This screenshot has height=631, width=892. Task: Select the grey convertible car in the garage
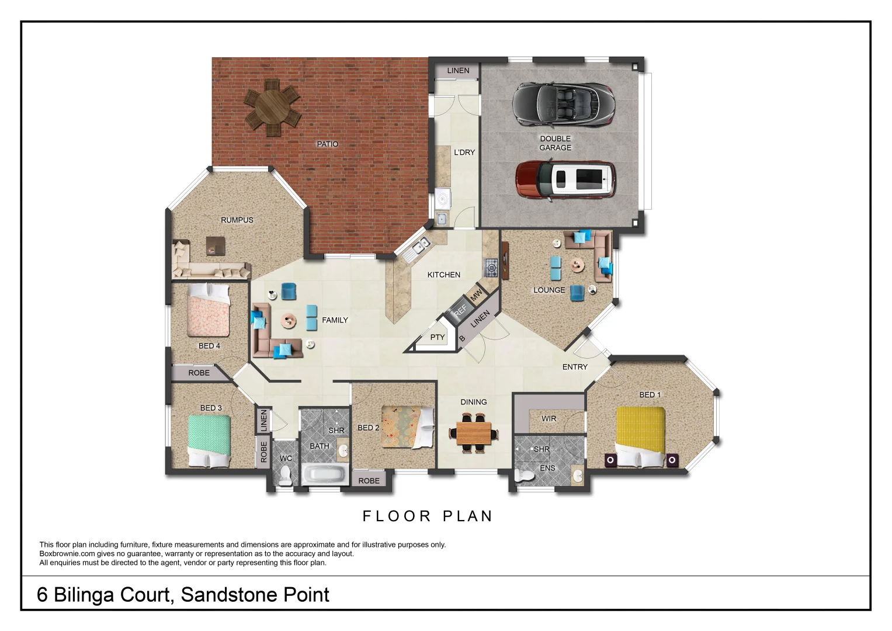point(563,103)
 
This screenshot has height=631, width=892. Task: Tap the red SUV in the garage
point(565,181)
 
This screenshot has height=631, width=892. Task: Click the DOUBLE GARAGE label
point(555,143)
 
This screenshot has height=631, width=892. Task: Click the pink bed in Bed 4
point(209,310)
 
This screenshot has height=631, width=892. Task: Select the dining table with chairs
point(474,434)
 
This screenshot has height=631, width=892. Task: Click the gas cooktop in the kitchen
point(491,268)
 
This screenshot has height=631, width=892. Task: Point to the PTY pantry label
point(438,337)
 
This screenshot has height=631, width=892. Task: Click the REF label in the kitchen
point(460,310)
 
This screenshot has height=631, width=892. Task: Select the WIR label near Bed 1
point(549,419)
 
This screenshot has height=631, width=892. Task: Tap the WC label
point(286,458)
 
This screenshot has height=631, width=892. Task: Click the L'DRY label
point(464,152)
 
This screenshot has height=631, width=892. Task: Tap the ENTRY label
point(575,367)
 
